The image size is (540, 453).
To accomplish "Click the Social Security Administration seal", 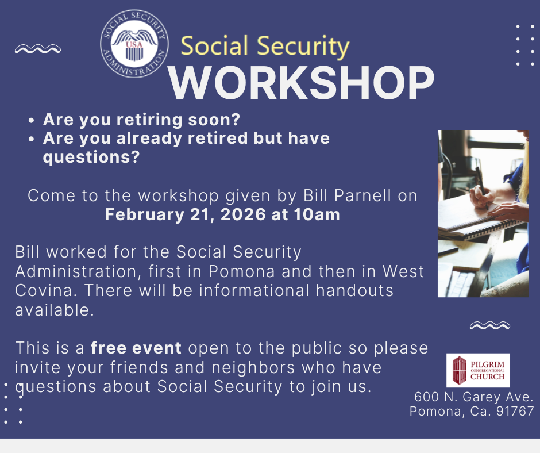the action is point(134,44).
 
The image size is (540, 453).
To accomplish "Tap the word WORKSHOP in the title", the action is point(302,83).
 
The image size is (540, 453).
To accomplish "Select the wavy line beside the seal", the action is point(38,49).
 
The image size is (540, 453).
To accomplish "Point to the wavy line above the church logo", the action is point(489,325).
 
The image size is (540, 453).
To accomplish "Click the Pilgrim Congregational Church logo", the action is point(478,370).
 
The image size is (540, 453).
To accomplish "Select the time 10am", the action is point(317,214).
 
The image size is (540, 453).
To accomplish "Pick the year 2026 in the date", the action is point(243,214).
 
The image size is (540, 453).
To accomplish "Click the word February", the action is point(145,215).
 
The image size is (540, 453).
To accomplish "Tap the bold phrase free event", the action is point(136,347).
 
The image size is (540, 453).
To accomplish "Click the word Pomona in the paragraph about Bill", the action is point(242,271).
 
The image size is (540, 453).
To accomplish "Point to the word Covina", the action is point(44,290).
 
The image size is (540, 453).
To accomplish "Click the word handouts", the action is point(354,290).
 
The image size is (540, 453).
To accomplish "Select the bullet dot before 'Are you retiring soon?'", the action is point(32,121).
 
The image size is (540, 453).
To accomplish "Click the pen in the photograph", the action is point(481,186).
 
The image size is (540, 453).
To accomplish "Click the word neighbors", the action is point(253,367).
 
